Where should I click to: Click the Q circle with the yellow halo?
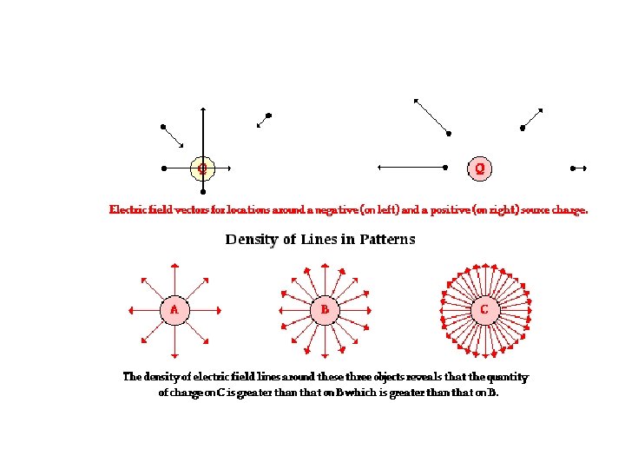click(202, 168)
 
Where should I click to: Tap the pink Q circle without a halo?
click(480, 168)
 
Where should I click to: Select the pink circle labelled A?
click(174, 309)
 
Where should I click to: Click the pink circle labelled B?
click(325, 309)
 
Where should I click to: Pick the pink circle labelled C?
click(484, 309)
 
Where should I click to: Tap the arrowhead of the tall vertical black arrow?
click(202, 109)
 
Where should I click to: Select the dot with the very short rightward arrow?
click(572, 168)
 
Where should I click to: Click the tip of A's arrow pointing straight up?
click(174, 263)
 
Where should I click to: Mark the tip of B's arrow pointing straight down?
click(325, 355)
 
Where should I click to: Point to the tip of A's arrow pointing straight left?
click(128, 309)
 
